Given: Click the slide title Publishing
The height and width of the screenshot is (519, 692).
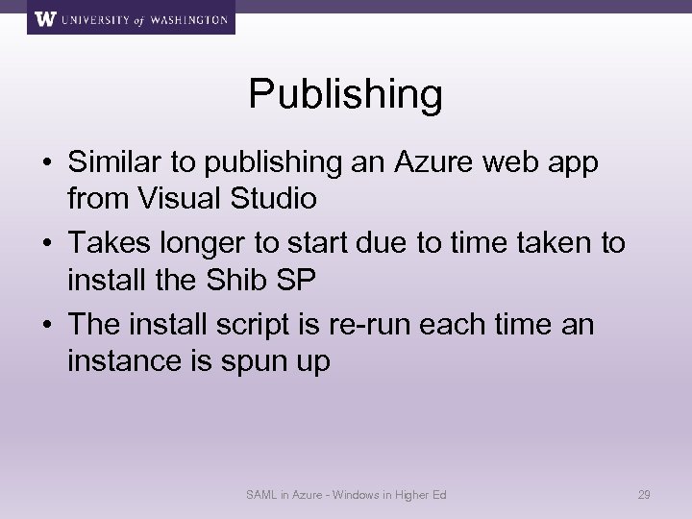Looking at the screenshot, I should [x=346, y=94].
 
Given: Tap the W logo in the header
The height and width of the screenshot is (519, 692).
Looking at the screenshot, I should [x=44, y=18].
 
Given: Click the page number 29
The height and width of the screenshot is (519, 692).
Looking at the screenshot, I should [x=645, y=495].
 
